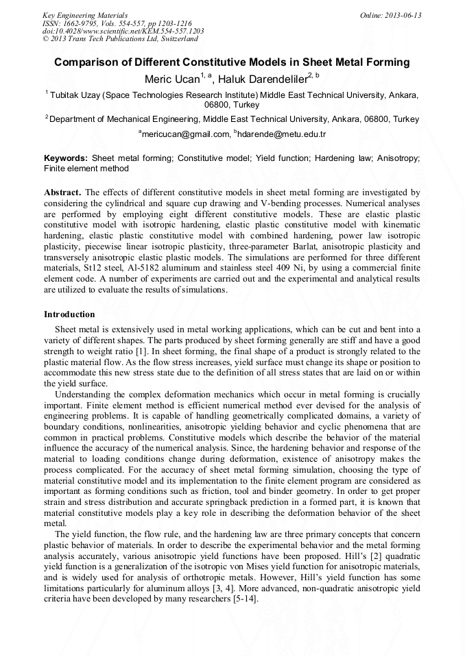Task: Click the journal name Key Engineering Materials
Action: coord(85,15)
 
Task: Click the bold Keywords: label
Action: coord(66,158)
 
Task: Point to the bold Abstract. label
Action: coord(62,193)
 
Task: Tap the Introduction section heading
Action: coord(69,314)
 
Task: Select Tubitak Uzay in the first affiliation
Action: coord(75,95)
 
